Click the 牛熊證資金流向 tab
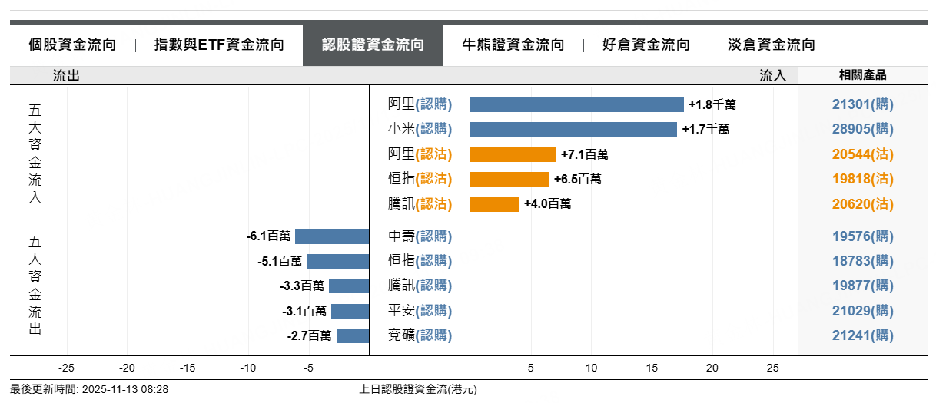click(x=513, y=45)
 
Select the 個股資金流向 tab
click(x=72, y=45)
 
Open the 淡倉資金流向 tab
click(x=771, y=45)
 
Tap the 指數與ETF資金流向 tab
click(x=219, y=45)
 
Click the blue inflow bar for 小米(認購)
click(x=573, y=129)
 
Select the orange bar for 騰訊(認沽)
click(x=494, y=204)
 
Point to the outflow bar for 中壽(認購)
click(x=332, y=236)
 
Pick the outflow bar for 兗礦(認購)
click(x=353, y=335)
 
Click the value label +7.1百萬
click(x=584, y=155)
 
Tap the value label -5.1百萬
click(x=280, y=261)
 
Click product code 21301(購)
click(x=863, y=104)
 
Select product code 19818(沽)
click(x=863, y=179)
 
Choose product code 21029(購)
click(x=863, y=311)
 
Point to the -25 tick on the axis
click(x=67, y=368)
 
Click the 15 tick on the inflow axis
click(x=652, y=368)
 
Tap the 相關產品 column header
click(x=863, y=75)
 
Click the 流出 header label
click(x=66, y=75)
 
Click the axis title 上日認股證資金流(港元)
click(x=418, y=389)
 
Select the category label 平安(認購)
click(x=420, y=311)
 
